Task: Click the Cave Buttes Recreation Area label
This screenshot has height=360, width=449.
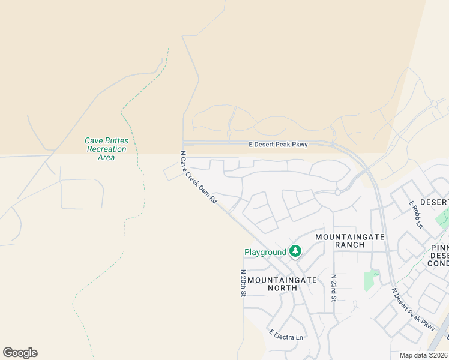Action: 106,149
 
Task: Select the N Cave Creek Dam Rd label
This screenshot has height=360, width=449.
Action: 199,177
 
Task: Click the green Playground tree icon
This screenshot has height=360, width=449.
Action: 295,251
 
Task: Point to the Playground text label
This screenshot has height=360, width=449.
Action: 265,252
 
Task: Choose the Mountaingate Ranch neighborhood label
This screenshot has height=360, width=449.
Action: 350,241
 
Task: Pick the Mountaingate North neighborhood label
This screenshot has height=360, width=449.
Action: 281,284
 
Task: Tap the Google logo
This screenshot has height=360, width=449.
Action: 20,353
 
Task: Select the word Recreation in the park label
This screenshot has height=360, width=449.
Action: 106,149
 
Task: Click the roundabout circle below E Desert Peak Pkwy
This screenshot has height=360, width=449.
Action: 338,193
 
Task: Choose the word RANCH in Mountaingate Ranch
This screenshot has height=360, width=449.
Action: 350,245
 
